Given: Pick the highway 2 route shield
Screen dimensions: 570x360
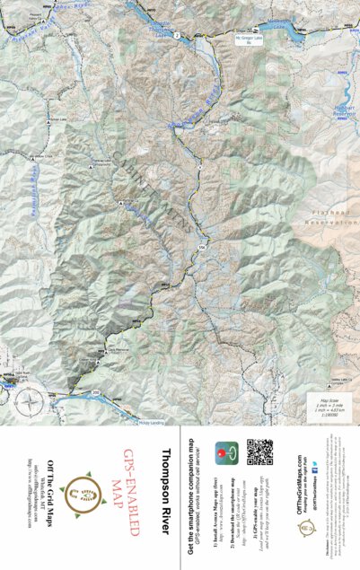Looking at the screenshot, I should pos(178,35).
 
